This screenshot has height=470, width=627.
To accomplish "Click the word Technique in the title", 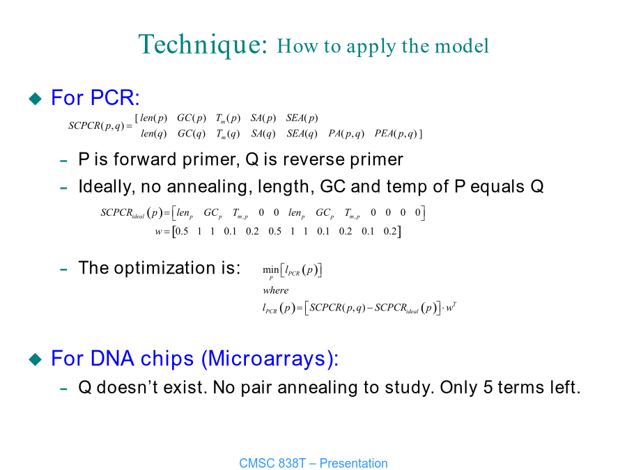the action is click(202, 45).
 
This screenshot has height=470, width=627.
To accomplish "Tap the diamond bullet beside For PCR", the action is click(36, 99).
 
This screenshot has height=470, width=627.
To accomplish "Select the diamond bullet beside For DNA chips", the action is click(36, 359).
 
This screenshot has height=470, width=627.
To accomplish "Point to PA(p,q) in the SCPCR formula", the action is click(346, 134).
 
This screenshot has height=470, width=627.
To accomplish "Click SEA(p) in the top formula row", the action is click(302, 118).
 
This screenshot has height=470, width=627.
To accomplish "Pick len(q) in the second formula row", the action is click(153, 134).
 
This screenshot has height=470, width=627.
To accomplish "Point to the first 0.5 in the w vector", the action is click(182, 231).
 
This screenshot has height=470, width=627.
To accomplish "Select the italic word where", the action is click(275, 290).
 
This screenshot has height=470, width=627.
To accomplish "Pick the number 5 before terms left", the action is click(488, 388).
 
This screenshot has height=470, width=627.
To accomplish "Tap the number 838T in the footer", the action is click(291, 463).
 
